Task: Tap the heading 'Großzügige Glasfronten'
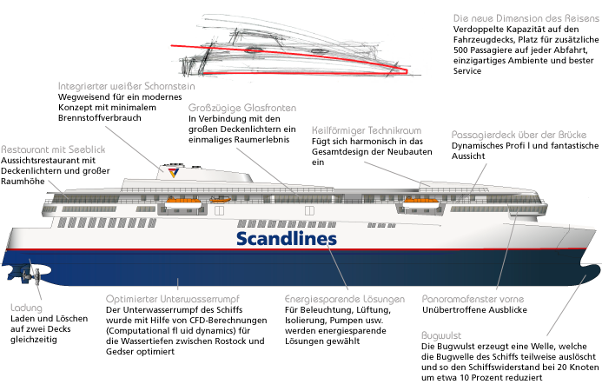tap(241, 107)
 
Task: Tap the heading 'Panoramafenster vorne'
tap(473, 297)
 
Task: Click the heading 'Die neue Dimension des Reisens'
tap(524, 17)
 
